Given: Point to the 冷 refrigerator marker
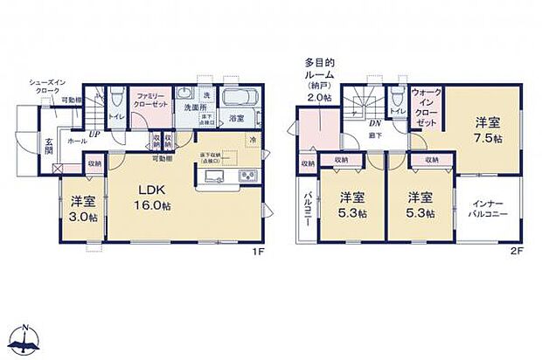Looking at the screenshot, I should point(252,140).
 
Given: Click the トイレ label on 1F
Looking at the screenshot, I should point(115,115).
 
